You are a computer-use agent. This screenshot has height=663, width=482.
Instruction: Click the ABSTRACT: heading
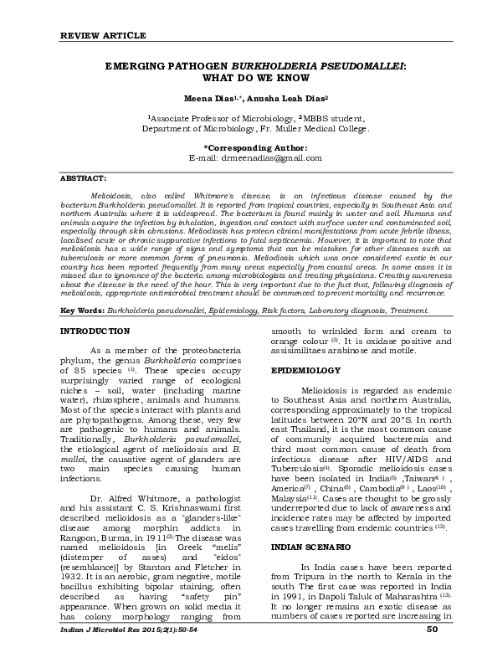click(83, 179)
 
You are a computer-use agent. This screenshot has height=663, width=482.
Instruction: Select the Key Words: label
click(82, 310)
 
